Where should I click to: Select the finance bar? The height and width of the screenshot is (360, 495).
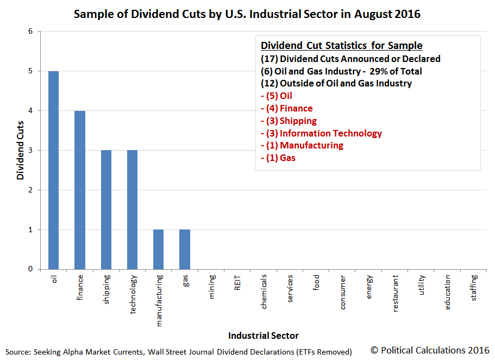pos(80,190)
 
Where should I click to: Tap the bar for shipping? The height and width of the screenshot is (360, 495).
pos(106,209)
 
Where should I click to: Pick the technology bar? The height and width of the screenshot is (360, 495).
pos(132,209)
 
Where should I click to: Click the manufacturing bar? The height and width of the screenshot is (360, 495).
pos(158,249)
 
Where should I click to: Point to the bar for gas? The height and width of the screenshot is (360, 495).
pos(185,249)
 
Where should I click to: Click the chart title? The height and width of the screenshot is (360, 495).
pos(247,14)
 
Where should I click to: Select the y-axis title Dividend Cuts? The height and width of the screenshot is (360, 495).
pos(21,151)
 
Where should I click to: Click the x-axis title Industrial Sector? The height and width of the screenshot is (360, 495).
pos(263,336)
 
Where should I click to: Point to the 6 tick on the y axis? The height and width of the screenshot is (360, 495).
pos(30,32)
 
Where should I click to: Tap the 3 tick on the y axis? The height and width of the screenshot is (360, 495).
pos(30,151)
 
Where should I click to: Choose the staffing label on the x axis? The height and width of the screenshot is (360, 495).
pos(474,289)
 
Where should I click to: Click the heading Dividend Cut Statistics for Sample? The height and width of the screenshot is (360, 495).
pos(341,46)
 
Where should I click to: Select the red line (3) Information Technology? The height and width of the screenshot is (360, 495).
pos(321,133)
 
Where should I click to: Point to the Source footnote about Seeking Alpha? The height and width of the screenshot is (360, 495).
pos(179,352)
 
